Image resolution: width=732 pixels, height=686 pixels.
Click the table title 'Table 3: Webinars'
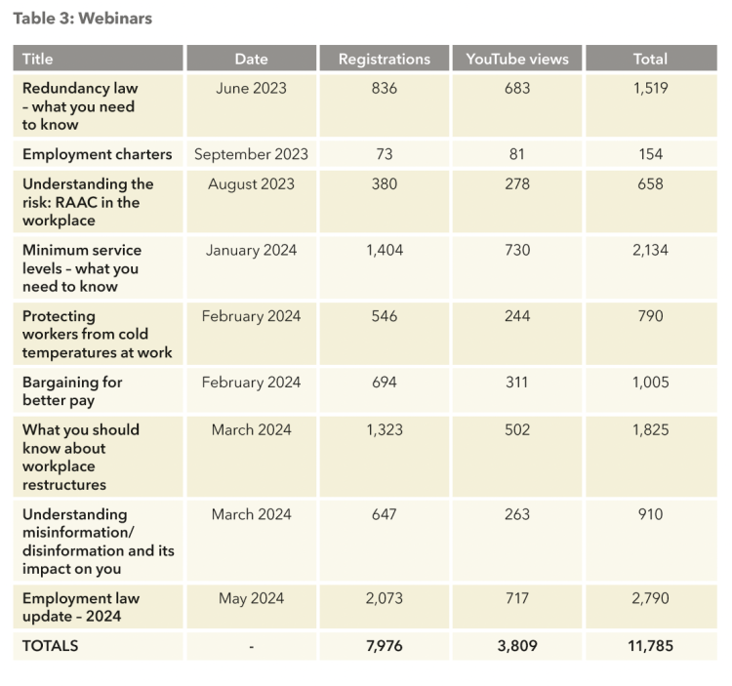[83, 19]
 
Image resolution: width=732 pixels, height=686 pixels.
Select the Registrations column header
[385, 59]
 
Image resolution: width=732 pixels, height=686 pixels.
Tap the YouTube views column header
[517, 59]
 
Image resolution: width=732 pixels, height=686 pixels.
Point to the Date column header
[251, 59]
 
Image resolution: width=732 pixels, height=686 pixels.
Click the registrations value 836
[385, 88]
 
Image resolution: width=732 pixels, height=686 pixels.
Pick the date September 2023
[251, 154]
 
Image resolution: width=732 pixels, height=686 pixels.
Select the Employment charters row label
[97, 154]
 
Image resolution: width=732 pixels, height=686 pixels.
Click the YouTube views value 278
[517, 183]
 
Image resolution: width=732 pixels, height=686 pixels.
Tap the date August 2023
[251, 184]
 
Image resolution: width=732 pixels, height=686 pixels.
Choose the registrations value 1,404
[385, 251]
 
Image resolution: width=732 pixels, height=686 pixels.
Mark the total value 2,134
[650, 251]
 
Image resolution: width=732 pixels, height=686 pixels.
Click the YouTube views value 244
[517, 316]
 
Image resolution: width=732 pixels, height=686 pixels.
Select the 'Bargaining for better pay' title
[72, 391]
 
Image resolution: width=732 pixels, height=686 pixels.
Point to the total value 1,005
[650, 383]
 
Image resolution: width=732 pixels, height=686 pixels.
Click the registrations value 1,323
[385, 430]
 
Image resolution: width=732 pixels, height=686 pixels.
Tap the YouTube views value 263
[517, 514]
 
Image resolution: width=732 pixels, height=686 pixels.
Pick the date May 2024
[251, 599]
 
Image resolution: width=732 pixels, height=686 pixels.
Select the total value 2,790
[650, 599]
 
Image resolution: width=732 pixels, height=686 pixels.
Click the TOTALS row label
[51, 646]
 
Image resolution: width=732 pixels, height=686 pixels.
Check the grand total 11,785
[650, 646]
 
